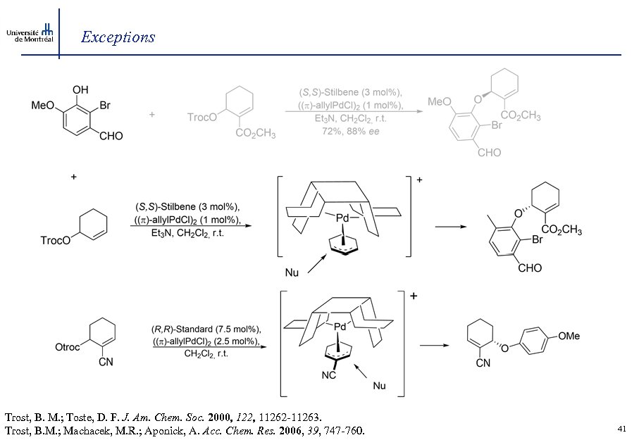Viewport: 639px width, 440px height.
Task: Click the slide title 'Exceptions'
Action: (118, 37)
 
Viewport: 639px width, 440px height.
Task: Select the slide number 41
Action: (621, 428)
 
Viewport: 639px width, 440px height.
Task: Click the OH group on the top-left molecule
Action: (81, 90)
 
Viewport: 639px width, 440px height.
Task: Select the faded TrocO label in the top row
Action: (202, 118)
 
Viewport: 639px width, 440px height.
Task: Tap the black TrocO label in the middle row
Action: (56, 240)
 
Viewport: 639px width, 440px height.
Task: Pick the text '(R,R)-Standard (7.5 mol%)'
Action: (206, 329)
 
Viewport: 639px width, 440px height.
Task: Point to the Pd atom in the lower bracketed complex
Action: (340, 326)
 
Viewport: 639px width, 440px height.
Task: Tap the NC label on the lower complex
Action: (328, 376)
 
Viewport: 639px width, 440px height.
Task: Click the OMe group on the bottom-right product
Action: (569, 336)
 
